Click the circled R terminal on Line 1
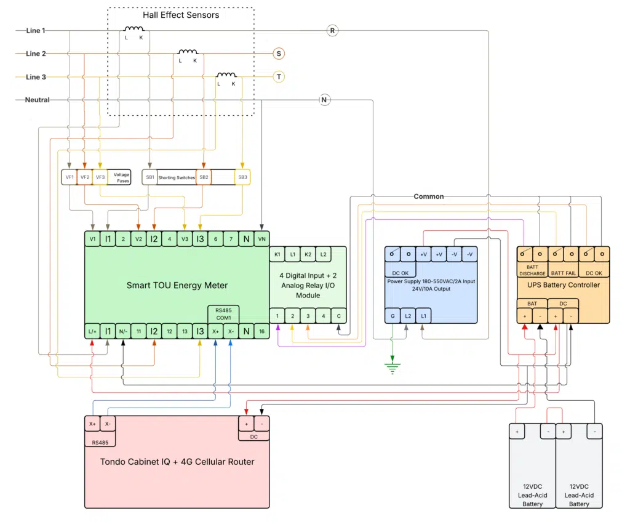332,30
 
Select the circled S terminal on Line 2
279,54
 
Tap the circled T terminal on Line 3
279,77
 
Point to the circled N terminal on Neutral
324,100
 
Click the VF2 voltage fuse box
84,177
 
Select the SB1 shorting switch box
150,177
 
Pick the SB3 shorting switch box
242,177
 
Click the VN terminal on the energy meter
262,239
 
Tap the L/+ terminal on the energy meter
92,331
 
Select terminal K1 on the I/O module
277,254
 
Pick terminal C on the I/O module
338,316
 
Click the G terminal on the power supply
393,316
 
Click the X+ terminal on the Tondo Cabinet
92,424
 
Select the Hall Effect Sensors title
181,15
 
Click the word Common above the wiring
428,196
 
